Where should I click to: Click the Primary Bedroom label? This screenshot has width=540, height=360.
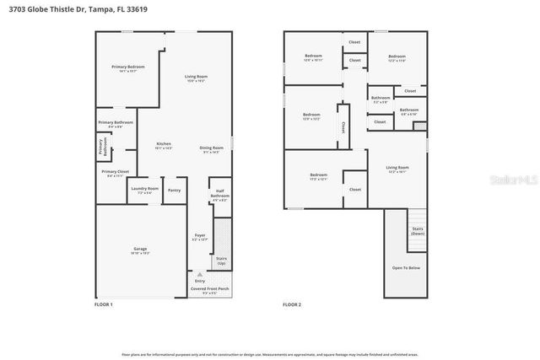tap(128, 67)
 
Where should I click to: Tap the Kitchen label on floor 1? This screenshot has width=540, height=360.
tap(164, 144)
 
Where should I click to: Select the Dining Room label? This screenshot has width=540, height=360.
tap(211, 148)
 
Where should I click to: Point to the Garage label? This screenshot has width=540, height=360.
tap(140, 249)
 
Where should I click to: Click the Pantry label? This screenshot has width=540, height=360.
tap(174, 191)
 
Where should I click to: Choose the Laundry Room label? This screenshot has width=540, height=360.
tap(145, 189)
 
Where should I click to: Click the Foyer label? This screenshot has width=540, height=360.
tap(199, 236)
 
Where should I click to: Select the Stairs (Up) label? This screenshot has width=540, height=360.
tap(221, 261)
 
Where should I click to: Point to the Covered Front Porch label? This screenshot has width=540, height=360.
tap(209, 288)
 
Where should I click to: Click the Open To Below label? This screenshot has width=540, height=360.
tap(406, 267)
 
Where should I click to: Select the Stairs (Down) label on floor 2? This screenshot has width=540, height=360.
tap(417, 230)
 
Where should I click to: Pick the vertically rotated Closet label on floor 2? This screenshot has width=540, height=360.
tap(343, 126)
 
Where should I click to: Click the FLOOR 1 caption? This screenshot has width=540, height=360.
tap(103, 304)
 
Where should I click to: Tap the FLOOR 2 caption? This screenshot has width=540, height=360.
tap(292, 304)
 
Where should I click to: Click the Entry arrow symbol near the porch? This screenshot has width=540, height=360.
tap(200, 274)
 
